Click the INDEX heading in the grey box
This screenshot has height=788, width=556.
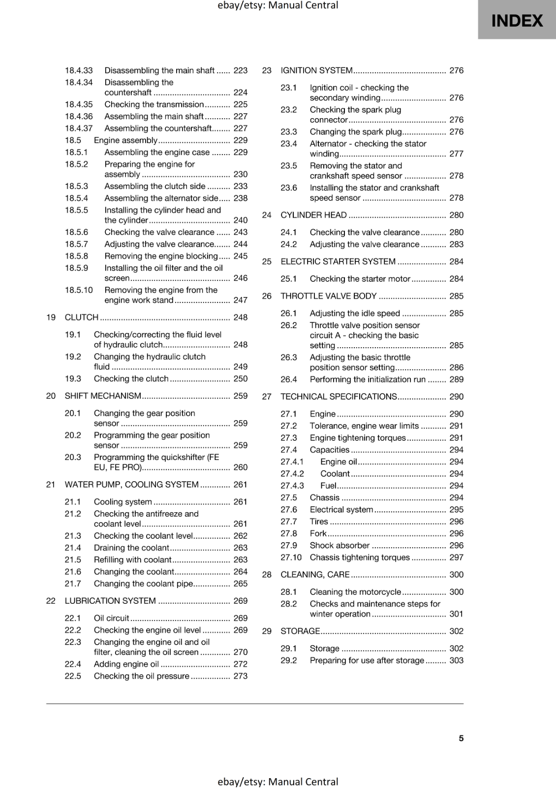517,21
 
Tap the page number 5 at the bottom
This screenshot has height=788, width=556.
461,738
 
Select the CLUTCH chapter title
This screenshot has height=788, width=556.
82,317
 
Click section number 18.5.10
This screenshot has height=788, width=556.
79,290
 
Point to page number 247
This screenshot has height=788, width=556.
240,300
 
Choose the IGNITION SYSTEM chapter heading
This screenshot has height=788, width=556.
316,70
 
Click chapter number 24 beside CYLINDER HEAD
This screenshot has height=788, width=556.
267,215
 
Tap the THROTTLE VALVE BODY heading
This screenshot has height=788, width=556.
328,296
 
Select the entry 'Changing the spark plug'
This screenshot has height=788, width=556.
356,131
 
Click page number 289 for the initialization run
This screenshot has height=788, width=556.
456,379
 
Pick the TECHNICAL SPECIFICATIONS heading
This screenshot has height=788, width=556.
339,396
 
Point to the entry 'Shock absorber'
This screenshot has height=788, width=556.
340,545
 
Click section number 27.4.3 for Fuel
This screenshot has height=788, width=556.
292,486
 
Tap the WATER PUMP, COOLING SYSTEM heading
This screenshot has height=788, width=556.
131,485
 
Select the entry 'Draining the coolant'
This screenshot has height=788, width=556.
131,548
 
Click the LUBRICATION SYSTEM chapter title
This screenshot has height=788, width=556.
110,601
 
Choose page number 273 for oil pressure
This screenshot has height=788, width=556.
240,676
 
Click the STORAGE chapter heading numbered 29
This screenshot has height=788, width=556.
300,631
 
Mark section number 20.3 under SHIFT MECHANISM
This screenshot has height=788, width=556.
73,457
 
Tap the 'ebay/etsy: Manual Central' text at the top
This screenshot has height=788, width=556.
278,5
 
